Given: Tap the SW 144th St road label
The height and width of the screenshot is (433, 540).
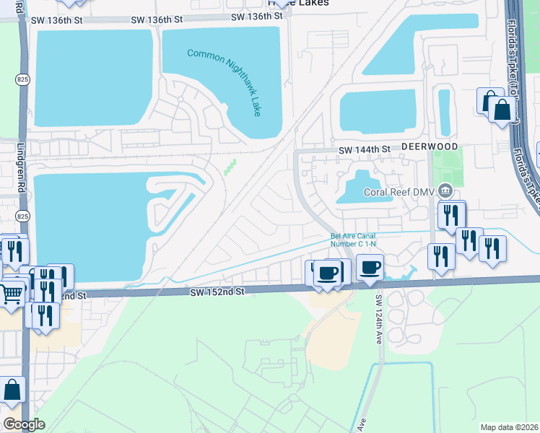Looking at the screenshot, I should click(x=365, y=149).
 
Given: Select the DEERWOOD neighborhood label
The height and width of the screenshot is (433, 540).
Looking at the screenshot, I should click(x=430, y=146).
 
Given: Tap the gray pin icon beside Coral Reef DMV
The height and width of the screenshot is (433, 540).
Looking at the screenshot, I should click(x=445, y=191).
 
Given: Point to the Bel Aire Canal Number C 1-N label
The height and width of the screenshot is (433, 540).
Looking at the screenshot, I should click(x=353, y=240).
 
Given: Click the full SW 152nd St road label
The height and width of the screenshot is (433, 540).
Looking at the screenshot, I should click(x=219, y=292).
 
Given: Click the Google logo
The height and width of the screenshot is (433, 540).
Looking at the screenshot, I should click(x=24, y=424).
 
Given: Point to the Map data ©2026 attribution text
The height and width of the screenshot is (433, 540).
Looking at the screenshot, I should click(x=509, y=427).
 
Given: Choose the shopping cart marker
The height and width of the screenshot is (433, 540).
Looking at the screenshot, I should click(x=11, y=293).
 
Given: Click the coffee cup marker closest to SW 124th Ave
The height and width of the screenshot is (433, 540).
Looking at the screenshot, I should click(x=370, y=266).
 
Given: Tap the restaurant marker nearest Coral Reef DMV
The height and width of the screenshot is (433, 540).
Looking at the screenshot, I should click(x=451, y=215).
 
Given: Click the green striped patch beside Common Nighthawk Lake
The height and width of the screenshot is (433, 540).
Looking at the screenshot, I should click(x=230, y=167).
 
